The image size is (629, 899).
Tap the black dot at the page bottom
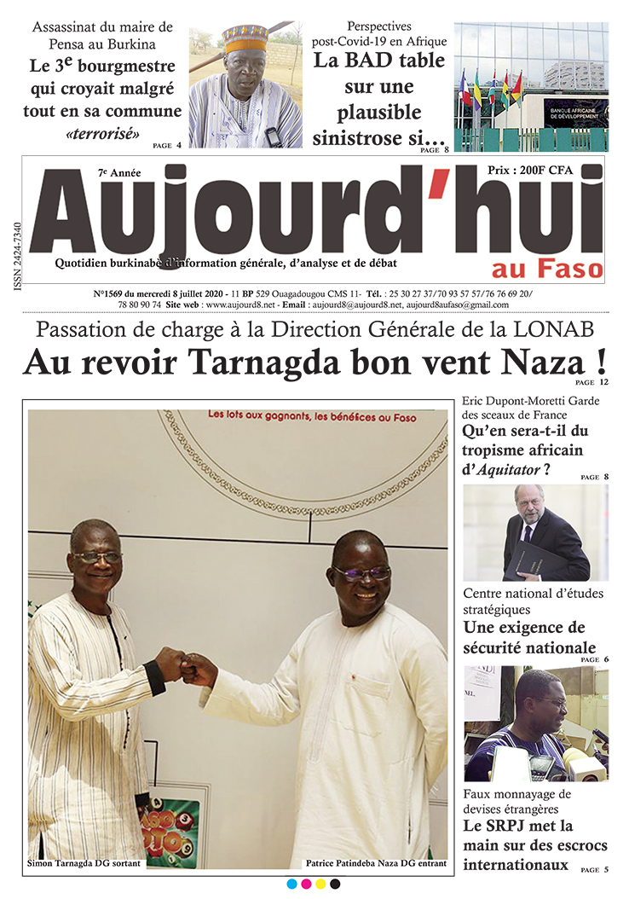tap(335, 884)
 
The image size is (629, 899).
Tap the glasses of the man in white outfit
tap(362, 572)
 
